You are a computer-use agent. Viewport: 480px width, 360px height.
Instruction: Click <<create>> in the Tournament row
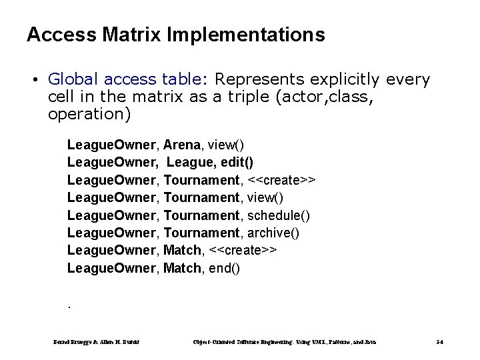(x=282, y=179)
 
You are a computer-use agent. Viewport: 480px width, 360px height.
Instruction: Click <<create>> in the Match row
(x=243, y=251)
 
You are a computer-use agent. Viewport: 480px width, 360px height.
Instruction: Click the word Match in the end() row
(x=181, y=269)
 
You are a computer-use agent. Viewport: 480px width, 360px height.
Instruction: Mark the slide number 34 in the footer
(x=439, y=342)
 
